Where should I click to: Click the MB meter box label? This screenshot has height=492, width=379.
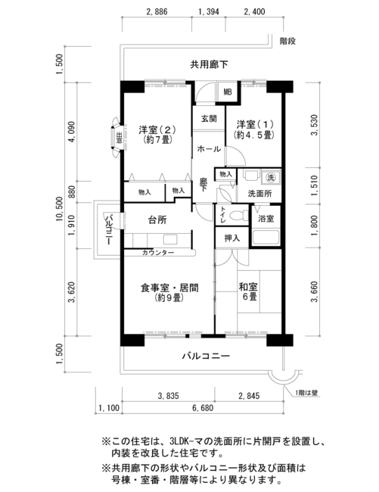click(x=228, y=92)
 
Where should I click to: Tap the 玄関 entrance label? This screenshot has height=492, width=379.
click(x=209, y=119)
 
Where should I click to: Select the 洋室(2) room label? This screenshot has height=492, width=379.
click(x=157, y=129)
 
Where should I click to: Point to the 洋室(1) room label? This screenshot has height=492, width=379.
click(x=255, y=124)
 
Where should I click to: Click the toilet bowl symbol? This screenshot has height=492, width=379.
click(x=238, y=216)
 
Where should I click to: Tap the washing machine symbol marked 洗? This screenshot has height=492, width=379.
click(x=271, y=178)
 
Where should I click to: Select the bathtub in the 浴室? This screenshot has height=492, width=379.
click(x=266, y=237)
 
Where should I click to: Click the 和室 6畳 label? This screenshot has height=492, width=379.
click(x=248, y=291)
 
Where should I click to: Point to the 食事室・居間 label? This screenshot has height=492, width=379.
click(x=169, y=288)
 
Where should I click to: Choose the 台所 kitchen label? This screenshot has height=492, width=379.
click(x=157, y=220)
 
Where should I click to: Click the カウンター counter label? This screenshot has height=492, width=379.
click(x=158, y=253)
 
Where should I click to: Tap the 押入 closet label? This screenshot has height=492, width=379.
click(x=232, y=238)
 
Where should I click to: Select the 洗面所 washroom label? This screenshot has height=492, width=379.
click(x=260, y=194)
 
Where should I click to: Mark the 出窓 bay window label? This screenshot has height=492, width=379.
click(x=119, y=138)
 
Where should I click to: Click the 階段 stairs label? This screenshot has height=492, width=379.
click(x=287, y=41)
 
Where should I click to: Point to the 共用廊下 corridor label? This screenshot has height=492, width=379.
click(x=209, y=64)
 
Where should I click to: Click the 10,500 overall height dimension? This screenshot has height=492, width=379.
click(x=60, y=209)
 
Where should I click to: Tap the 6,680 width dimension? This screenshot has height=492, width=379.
click(x=203, y=408)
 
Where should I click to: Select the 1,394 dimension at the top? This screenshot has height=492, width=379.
click(x=209, y=12)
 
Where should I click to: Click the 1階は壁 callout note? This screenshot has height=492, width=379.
click(x=306, y=393)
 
